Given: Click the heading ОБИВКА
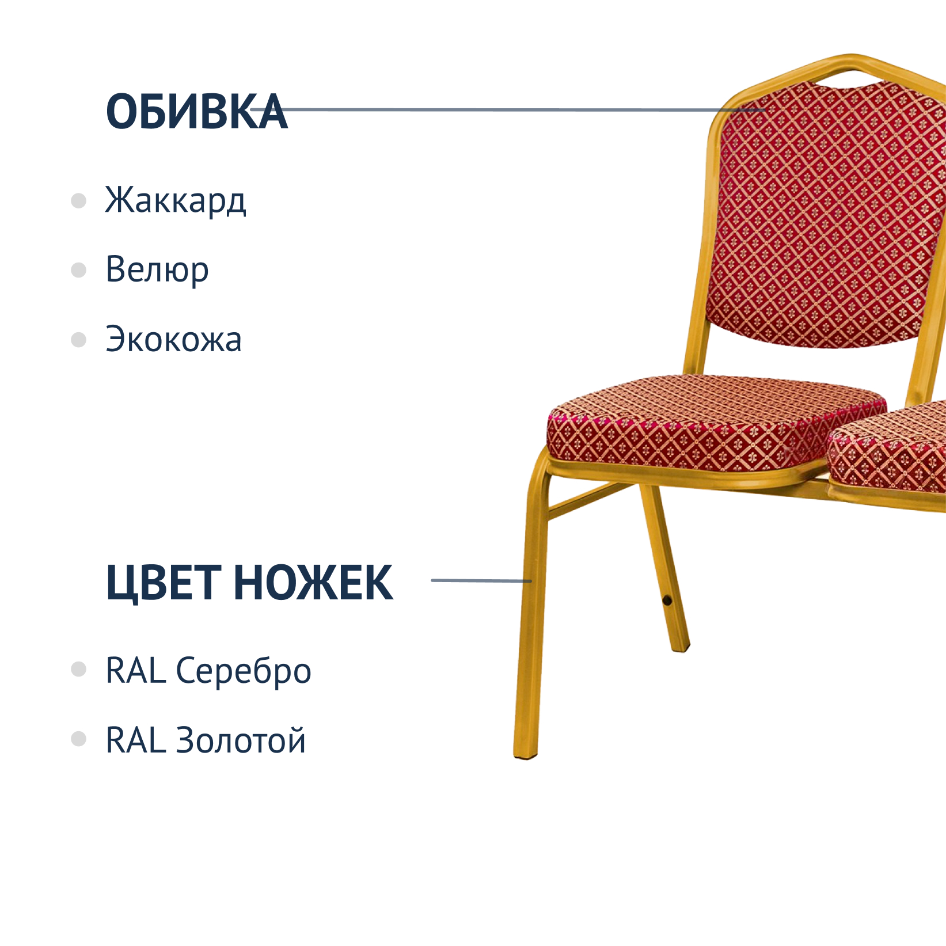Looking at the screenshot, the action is [x=196, y=111].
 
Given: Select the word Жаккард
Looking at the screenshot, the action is [x=176, y=200].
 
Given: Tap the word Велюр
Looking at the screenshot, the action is [x=157, y=269].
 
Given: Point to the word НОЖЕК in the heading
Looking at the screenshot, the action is [x=314, y=583].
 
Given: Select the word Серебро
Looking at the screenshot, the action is [x=244, y=671].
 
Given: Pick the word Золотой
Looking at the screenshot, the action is [x=241, y=740].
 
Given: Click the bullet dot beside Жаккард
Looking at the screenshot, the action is [x=78, y=201].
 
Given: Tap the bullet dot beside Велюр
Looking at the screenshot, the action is [x=78, y=270].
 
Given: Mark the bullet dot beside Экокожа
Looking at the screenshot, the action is [x=78, y=339].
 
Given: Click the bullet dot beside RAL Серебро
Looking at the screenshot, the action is [x=78, y=669].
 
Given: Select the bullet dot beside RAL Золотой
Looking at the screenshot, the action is [x=78, y=739].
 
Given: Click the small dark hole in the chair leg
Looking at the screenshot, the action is [x=667, y=601].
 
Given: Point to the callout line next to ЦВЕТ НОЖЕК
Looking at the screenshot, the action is [x=481, y=580].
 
